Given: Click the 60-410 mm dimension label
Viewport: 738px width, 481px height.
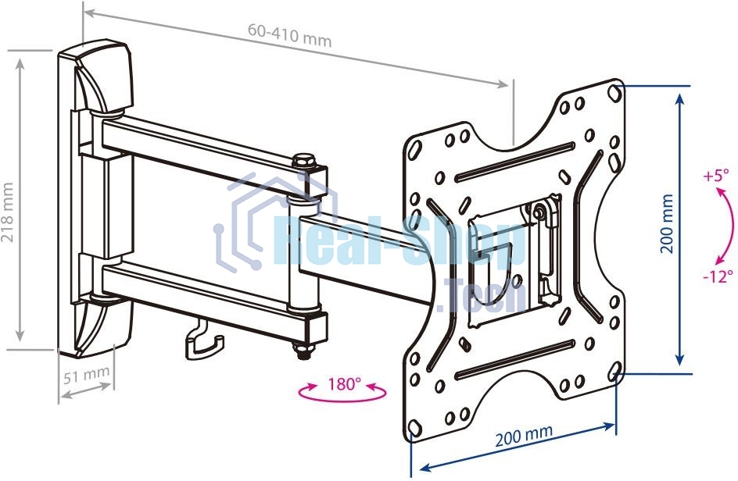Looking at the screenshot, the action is (x=290, y=35).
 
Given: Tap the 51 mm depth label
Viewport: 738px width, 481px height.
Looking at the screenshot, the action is (x=87, y=375).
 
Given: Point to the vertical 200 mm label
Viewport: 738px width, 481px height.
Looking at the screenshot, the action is (x=666, y=224).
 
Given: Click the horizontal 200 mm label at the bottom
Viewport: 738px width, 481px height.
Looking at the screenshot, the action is (x=524, y=434).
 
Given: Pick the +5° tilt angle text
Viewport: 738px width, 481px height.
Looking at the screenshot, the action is (x=715, y=176).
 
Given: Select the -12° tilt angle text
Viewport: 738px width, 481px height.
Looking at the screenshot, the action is (x=718, y=276).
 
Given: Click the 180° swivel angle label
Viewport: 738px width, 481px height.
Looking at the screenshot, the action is (x=344, y=384).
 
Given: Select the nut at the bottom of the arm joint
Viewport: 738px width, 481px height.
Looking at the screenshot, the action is (x=303, y=351).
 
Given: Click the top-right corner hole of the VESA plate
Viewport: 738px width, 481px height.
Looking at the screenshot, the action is (x=614, y=92).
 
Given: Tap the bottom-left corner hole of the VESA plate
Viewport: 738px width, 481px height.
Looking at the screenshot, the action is (x=414, y=428).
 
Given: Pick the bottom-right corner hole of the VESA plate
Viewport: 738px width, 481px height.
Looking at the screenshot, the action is (x=614, y=372).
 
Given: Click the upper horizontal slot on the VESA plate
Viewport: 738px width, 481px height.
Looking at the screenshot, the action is (x=515, y=162).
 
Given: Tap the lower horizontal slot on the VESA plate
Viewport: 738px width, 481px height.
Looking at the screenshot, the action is (x=515, y=360).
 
